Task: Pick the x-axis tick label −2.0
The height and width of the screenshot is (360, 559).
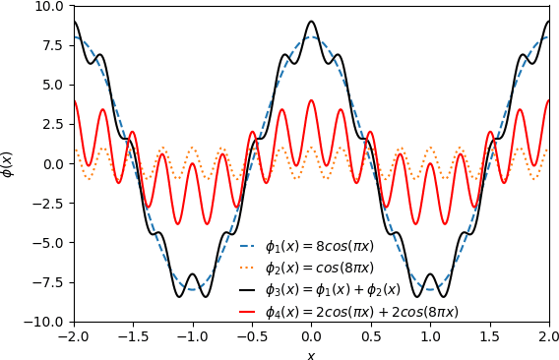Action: tap(74, 336)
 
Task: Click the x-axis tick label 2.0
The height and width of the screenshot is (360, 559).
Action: tap(548, 336)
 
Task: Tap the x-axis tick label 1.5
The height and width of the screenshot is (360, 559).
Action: tap(489, 336)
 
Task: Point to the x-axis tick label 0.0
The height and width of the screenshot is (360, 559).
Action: tap(311, 336)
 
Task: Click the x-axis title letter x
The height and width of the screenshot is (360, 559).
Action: tap(311, 354)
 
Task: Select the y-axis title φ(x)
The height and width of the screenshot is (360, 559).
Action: tap(9, 164)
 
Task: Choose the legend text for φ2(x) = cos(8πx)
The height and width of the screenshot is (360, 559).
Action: tap(320, 268)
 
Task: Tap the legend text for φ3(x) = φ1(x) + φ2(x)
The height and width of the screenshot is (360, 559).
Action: tap(333, 289)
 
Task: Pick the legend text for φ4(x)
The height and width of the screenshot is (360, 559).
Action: tap(361, 312)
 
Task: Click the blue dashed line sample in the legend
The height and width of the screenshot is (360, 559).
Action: tap(249, 246)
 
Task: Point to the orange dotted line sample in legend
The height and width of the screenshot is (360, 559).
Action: tap(249, 268)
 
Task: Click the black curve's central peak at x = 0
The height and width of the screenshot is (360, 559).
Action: tap(311, 22)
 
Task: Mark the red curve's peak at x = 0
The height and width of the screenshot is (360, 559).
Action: tap(311, 100)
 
